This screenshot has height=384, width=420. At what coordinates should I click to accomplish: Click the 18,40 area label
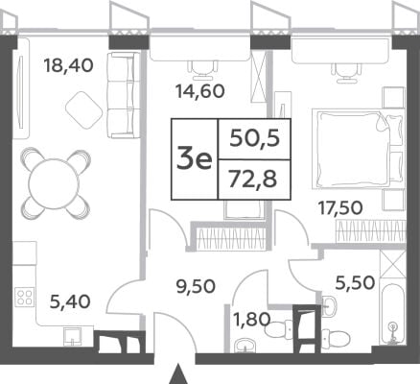(69, 65)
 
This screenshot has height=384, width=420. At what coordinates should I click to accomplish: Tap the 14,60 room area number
(200, 91)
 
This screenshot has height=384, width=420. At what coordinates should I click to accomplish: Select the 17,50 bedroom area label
(340, 208)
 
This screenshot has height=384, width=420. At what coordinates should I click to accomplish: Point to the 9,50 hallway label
(196, 286)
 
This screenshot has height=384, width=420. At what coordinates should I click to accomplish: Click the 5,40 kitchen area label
(70, 301)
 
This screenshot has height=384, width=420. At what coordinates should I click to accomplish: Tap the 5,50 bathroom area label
(355, 283)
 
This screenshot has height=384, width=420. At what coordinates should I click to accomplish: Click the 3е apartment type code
(195, 159)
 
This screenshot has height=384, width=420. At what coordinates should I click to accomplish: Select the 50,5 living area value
(255, 138)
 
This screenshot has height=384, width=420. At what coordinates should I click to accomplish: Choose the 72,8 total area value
(253, 180)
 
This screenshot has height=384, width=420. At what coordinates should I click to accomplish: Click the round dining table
(54, 184)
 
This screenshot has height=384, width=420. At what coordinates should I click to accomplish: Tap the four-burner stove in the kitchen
(25, 297)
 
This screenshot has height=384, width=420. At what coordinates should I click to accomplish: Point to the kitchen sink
(72, 336)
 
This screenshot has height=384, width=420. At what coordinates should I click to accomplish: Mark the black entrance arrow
(181, 375)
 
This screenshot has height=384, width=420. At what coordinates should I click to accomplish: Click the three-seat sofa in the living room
(124, 95)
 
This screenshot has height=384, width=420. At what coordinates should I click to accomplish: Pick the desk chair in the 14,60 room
(203, 70)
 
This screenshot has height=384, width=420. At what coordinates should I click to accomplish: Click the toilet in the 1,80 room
(277, 328)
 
